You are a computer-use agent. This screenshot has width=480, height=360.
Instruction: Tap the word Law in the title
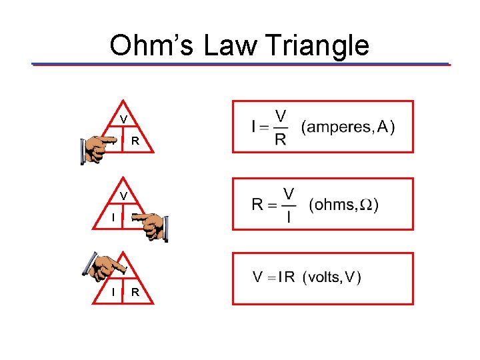tap(231, 45)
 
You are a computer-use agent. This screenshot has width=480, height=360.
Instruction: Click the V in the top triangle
tap(124, 119)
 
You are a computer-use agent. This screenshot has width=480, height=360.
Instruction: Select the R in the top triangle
tap(135, 141)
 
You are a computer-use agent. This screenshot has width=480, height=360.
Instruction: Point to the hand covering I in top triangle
tap(99, 148)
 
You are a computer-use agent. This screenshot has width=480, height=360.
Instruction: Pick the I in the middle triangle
tap(113, 217)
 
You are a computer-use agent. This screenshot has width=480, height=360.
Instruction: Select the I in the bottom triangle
tap(113, 293)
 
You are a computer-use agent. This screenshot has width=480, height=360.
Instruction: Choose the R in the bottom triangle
tap(135, 293)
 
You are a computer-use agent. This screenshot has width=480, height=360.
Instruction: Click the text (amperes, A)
tap(348, 127)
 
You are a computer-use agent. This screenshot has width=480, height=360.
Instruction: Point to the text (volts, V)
tap(332, 277)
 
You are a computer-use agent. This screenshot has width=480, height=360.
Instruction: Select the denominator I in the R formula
tap(289, 217)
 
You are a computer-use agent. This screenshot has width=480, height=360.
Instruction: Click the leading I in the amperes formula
tap(254, 127)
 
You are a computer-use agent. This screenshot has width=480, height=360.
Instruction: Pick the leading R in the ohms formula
tap(258, 205)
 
